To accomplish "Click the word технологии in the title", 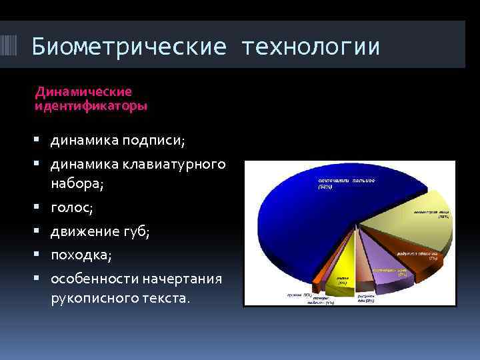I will point(311,47).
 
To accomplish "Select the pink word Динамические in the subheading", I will point(83,92).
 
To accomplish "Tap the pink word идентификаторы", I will point(91,105).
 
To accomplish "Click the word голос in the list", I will point(71,209).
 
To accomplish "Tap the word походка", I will point(80,255).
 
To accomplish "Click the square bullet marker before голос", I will point(42,208).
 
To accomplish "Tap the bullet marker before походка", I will point(42,255).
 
